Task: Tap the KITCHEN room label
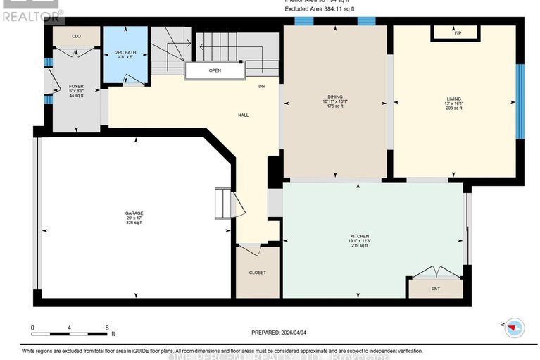point(359,236)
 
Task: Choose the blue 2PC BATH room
point(126,55)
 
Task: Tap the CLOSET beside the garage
point(257,272)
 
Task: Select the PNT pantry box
point(436,288)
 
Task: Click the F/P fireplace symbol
point(457,33)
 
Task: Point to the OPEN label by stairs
point(215,70)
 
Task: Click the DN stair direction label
point(260,87)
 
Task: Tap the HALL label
point(243,115)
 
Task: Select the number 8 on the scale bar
point(106,328)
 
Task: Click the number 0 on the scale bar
point(32,328)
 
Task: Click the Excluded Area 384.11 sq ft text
point(320,9)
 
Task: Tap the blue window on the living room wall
point(520,101)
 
